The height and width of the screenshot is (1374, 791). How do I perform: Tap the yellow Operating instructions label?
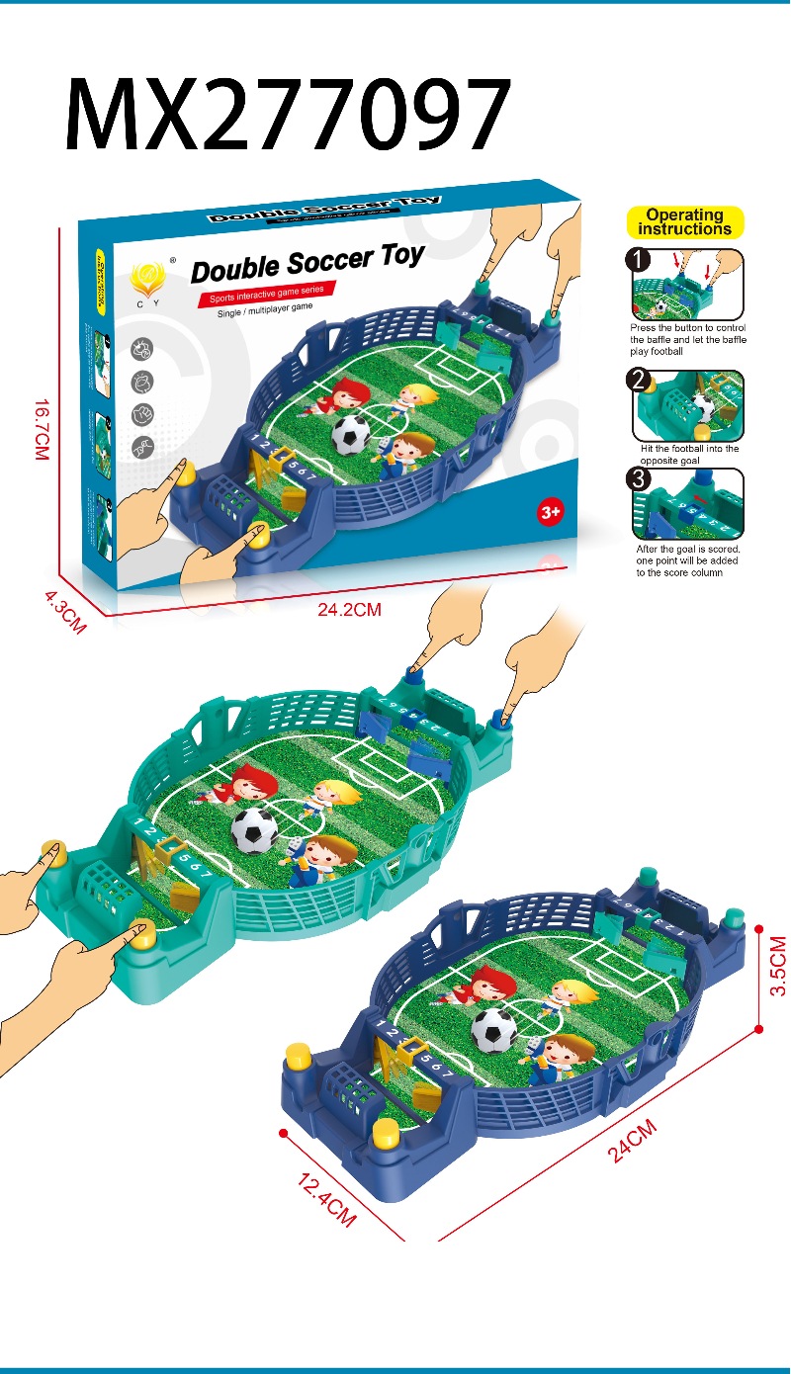point(684,222)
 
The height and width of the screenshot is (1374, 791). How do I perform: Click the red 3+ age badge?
point(550,512)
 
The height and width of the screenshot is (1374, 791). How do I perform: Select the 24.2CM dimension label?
point(349,610)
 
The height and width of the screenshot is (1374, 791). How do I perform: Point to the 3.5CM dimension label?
point(778,966)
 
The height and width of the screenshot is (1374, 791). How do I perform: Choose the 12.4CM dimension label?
point(325,1197)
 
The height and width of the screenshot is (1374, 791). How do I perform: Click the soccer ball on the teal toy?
point(255,831)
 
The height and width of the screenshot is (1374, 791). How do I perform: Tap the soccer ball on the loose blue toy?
point(494,1031)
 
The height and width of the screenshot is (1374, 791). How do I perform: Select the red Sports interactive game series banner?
point(266,295)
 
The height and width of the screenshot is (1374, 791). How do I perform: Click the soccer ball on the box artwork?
point(351,432)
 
